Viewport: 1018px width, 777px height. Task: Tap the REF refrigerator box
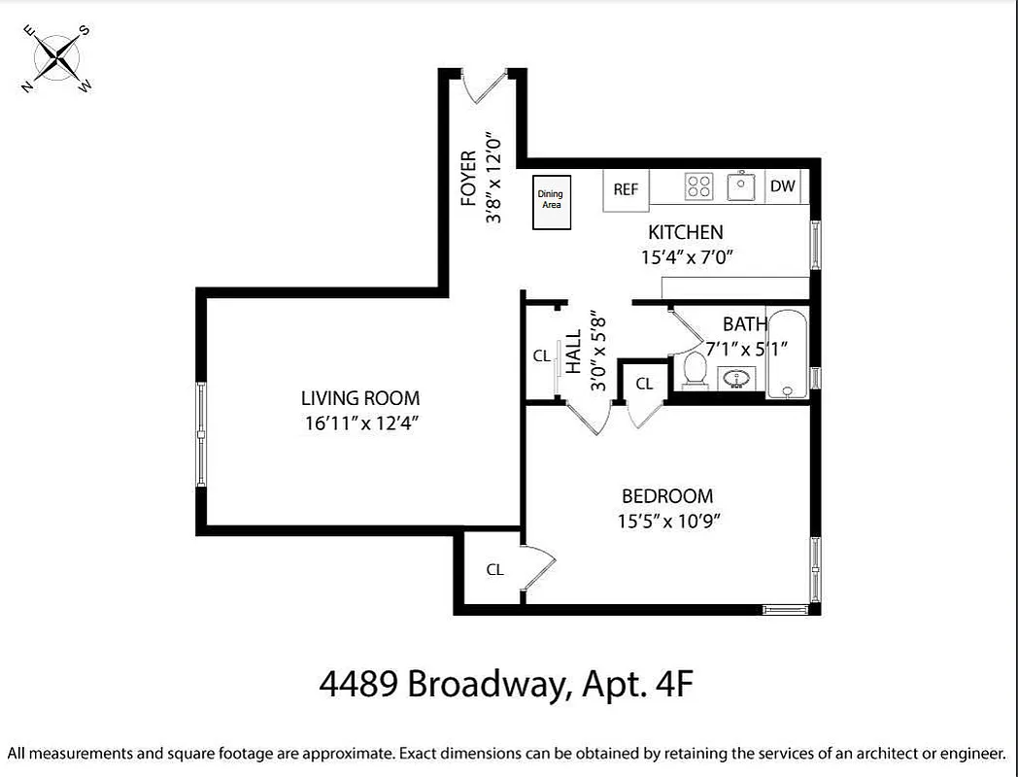(626, 189)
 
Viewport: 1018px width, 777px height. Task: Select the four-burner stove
(699, 186)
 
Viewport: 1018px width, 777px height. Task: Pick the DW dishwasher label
(782, 186)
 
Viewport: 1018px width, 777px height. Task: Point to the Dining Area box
(550, 202)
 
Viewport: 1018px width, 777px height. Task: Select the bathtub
(787, 355)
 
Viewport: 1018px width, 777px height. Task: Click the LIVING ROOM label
(359, 397)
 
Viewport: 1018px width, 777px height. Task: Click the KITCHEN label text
(685, 232)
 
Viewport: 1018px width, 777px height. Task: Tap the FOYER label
(469, 178)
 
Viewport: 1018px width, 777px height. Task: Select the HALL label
(573, 352)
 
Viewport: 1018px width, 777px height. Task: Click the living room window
(201, 433)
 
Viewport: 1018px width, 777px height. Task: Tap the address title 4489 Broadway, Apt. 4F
(507, 685)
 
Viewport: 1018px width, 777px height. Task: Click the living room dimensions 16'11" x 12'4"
(359, 422)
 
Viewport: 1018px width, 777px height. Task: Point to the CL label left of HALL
(541, 356)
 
